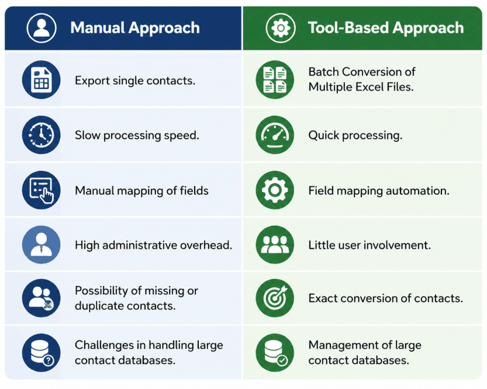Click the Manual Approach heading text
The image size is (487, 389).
[135, 27]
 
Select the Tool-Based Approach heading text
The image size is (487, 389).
[386, 27]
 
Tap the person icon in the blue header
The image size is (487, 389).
[42, 27]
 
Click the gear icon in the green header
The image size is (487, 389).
[281, 27]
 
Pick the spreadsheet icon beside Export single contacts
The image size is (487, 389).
[42, 80]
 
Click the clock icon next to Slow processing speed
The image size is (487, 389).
[42, 135]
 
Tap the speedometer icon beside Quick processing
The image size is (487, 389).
[275, 135]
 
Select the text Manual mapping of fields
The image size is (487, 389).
[141, 191]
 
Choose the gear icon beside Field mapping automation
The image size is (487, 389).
[275, 190]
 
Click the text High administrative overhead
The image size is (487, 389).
[153, 245]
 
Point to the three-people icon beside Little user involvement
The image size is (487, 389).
[275, 245]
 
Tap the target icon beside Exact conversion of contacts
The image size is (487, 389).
[275, 298]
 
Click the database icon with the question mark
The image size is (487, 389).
[42, 353]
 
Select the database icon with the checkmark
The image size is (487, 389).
[275, 353]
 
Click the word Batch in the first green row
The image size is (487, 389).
[323, 72]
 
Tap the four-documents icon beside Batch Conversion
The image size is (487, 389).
[275, 80]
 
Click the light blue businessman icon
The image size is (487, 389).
[42, 245]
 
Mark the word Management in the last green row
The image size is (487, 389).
[343, 345]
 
